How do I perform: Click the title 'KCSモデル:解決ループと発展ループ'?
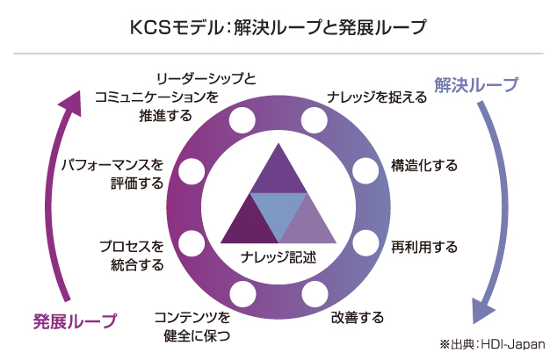[278, 27]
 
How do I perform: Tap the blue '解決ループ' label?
[474, 85]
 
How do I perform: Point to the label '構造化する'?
[424, 164]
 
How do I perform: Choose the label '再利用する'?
[424, 247]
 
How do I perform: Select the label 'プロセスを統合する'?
[132, 255]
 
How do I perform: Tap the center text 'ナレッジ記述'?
[278, 258]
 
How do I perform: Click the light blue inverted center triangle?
[278, 214]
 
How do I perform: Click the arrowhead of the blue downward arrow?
[481, 310]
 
